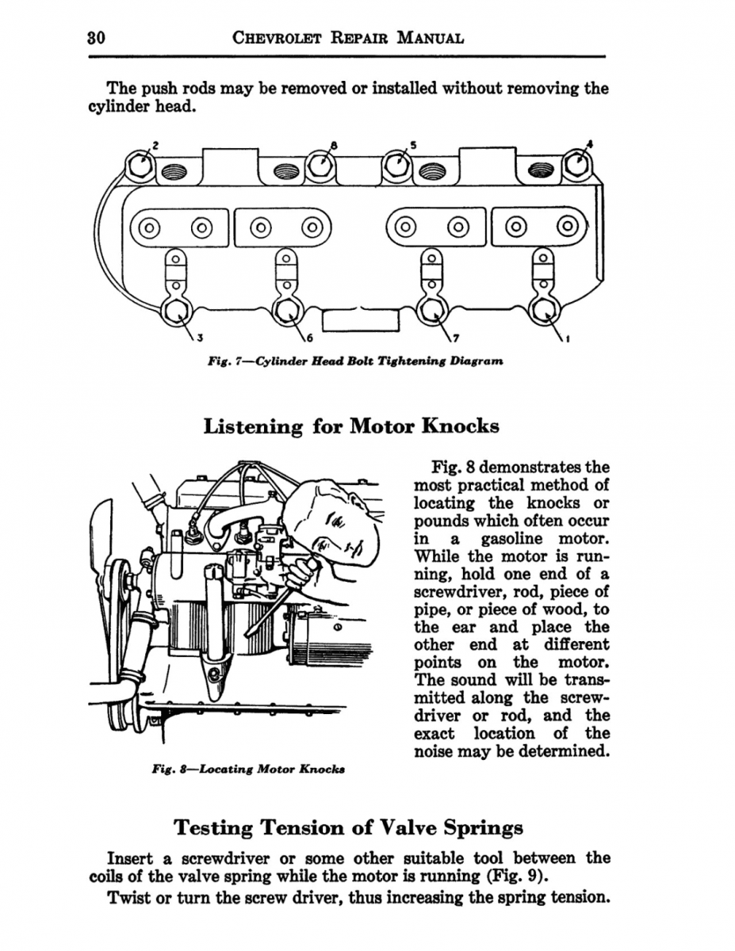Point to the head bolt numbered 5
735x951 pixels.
(x=396, y=166)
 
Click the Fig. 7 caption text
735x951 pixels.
(x=354, y=361)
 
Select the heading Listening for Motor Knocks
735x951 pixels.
(x=351, y=426)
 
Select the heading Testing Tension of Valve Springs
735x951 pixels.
(x=348, y=828)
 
